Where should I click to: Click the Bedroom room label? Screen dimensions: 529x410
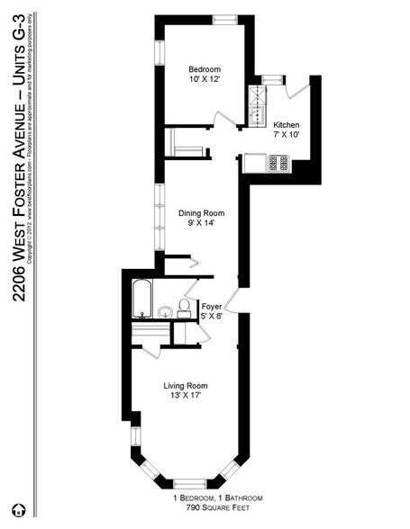205,69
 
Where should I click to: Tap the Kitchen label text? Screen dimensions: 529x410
287,124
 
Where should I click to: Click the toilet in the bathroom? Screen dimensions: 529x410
183,309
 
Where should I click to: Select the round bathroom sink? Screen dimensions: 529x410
164,312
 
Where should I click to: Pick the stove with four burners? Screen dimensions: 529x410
277,163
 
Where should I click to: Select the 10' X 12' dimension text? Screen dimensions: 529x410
205,80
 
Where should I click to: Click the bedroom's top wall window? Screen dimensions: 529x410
224,18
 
